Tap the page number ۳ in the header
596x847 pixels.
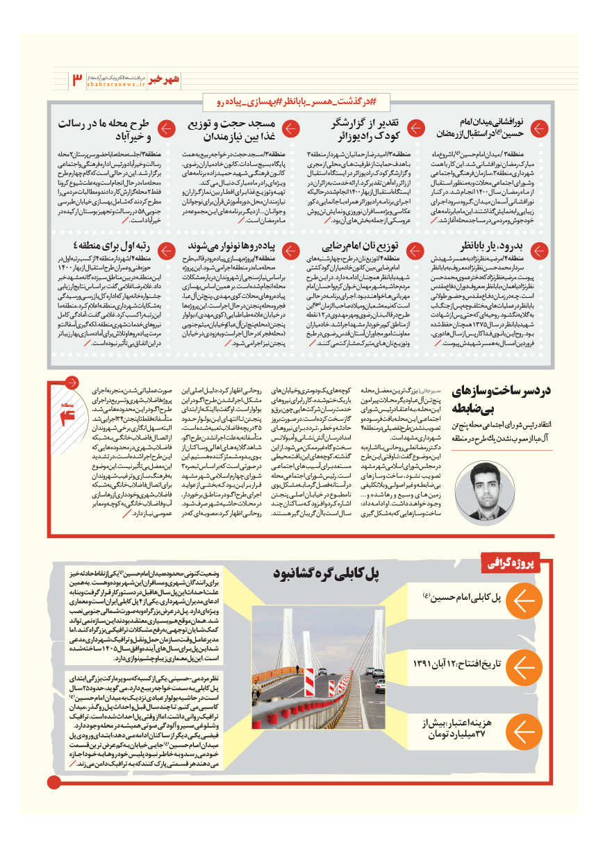(x=76, y=81)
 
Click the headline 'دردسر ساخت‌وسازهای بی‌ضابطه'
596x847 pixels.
(x=501, y=400)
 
